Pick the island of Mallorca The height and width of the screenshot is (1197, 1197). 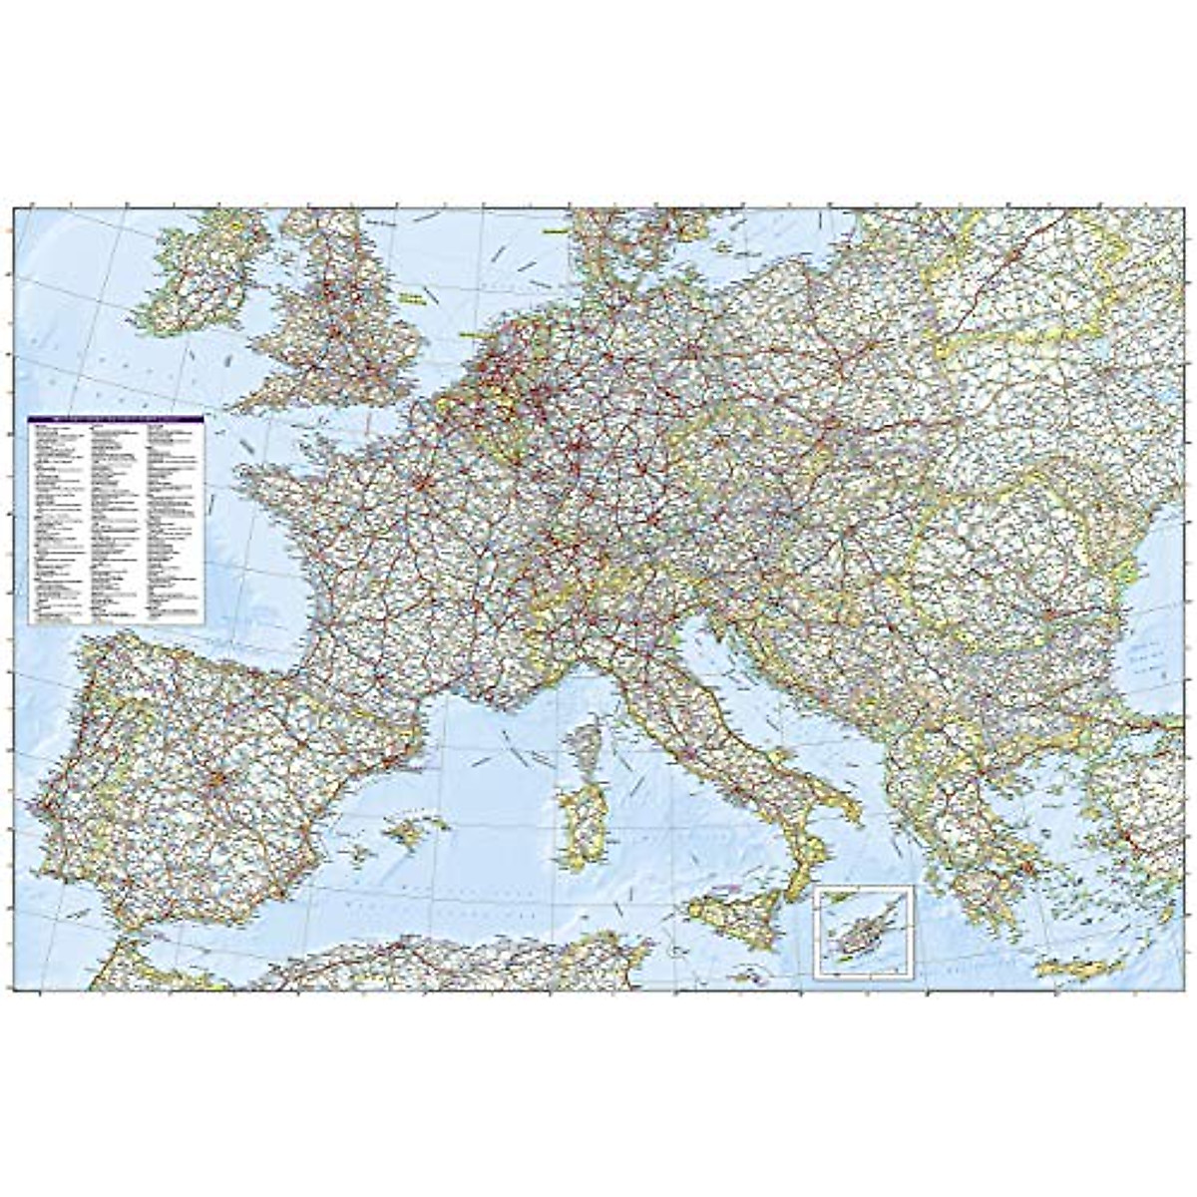[419, 829]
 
